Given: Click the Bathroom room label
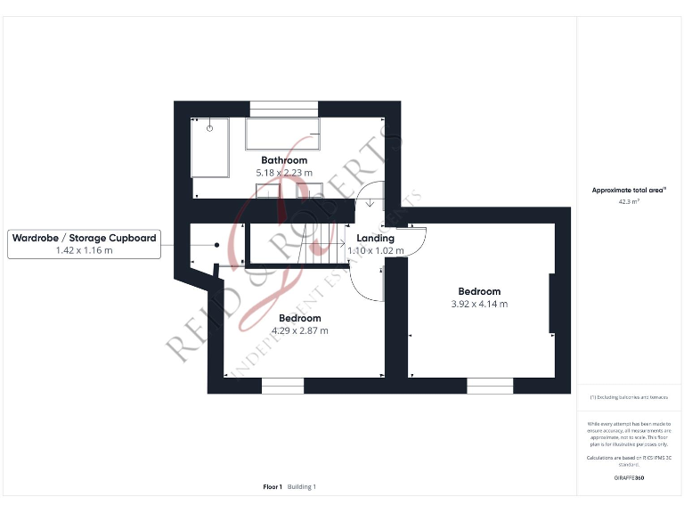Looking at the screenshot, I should pyautogui.click(x=284, y=160).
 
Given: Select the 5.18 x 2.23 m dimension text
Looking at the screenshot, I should pyautogui.click(x=284, y=173).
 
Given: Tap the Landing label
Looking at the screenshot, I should pyautogui.click(x=375, y=239).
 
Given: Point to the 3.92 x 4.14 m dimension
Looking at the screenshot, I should pyautogui.click(x=479, y=304).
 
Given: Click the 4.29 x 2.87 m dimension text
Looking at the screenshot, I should pyautogui.click(x=299, y=330).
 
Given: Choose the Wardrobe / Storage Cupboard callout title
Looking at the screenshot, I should pyautogui.click(x=85, y=238).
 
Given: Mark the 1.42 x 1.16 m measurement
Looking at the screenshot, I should pyautogui.click(x=85, y=251).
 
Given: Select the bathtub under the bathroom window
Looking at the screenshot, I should pyautogui.click(x=281, y=134).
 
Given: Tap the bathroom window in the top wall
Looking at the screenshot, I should pyautogui.click(x=283, y=109).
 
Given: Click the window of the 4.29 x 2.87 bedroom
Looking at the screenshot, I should pyautogui.click(x=282, y=386).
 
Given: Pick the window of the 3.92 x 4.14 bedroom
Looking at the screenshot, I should pyautogui.click(x=490, y=386).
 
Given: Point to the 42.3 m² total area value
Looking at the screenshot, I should pyautogui.click(x=629, y=202).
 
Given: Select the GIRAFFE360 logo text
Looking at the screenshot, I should pyautogui.click(x=629, y=478).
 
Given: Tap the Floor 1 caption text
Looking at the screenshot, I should pyautogui.click(x=273, y=487).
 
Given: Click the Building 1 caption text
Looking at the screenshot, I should pyautogui.click(x=301, y=487).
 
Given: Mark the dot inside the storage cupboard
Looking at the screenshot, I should pyautogui.click(x=216, y=246).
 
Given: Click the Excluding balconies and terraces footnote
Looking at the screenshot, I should pyautogui.click(x=629, y=396).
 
